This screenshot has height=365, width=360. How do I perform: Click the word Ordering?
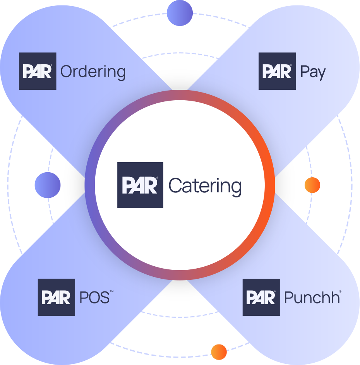pos(93,72)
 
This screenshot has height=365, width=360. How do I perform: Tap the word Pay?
pos(313,72)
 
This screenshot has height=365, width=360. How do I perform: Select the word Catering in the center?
pos(205,186)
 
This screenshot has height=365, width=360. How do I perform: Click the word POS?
pos(93,298)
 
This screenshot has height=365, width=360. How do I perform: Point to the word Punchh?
pos(312,298)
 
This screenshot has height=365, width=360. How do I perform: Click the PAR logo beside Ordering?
pos(38,71)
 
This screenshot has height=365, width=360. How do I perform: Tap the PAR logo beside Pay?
pos(277,71)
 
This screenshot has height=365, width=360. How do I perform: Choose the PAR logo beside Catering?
pos(140,185)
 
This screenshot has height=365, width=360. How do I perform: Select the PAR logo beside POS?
pos(56,297)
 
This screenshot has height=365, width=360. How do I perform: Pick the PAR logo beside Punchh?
pos(261,297)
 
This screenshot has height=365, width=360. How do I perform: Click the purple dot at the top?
pos(180,13)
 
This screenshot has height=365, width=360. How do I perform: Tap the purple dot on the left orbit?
pos(48,185)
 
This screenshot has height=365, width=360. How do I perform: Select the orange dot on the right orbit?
pos(312,185)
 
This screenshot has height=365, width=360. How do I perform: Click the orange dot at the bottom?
pos(219,351)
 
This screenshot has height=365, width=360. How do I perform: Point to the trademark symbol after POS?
pos(111,293)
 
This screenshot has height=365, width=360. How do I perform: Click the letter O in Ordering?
pos(67,72)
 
